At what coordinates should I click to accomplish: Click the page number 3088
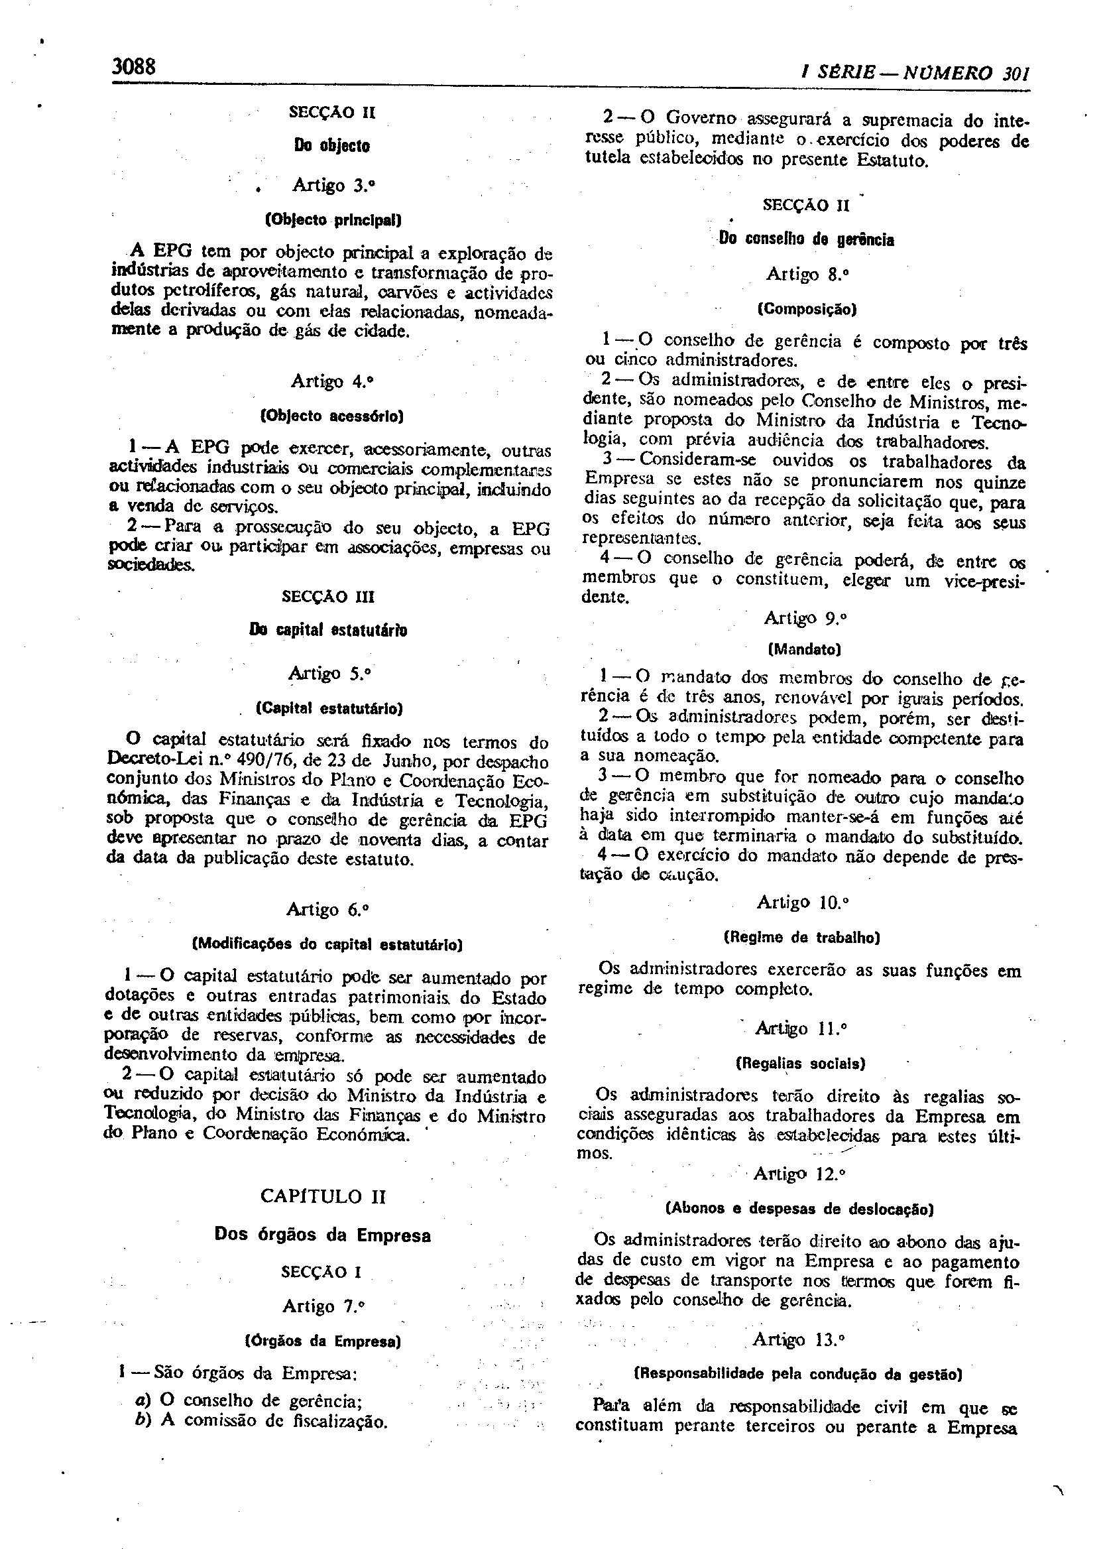(x=134, y=66)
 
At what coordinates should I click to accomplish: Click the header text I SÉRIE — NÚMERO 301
(x=915, y=74)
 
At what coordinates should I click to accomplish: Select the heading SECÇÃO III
(x=327, y=597)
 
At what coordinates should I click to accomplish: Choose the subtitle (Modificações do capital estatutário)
(x=328, y=944)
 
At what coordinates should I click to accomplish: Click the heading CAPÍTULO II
(x=323, y=1196)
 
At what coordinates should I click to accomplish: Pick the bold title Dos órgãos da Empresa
(x=323, y=1235)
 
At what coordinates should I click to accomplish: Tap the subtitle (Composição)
(x=807, y=309)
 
